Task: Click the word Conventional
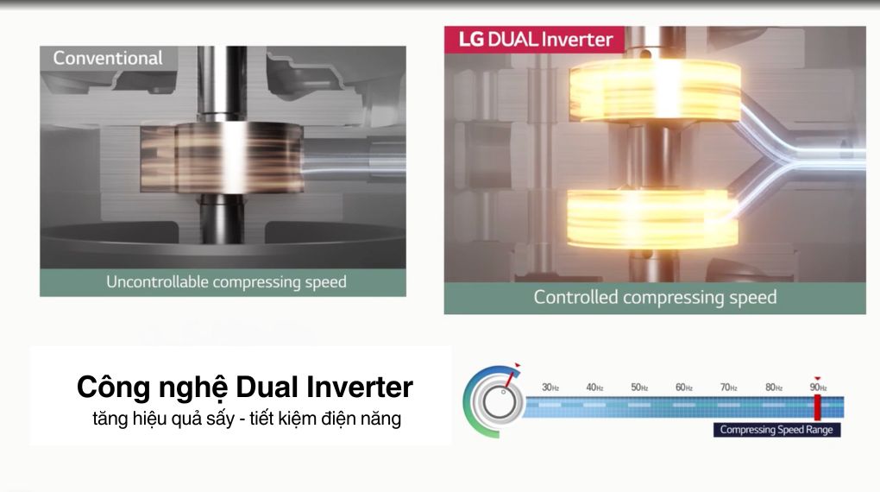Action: pyautogui.click(x=108, y=58)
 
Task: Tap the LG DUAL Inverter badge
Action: pyautogui.click(x=534, y=40)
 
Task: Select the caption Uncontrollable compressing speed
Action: pyautogui.click(x=226, y=282)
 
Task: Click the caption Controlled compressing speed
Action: pyautogui.click(x=655, y=297)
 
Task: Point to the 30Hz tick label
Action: pyautogui.click(x=550, y=388)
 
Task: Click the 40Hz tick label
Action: pyautogui.click(x=594, y=388)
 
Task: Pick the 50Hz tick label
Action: pyautogui.click(x=639, y=388)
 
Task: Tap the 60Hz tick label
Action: pyautogui.click(x=683, y=388)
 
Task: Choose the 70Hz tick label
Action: pyautogui.click(x=728, y=388)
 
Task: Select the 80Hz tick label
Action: pyautogui.click(x=773, y=388)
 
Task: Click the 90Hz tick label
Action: pyautogui.click(x=818, y=388)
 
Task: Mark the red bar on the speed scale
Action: pyautogui.click(x=818, y=407)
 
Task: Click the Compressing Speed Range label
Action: pyautogui.click(x=776, y=430)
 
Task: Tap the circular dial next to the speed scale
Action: pyautogui.click(x=493, y=401)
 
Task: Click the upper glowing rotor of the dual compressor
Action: pyautogui.click(x=654, y=91)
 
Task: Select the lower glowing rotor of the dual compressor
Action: pyautogui.click(x=651, y=219)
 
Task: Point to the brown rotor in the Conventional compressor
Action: pyautogui.click(x=222, y=158)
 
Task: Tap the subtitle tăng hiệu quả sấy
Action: pyautogui.click(x=163, y=419)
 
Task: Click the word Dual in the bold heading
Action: pyautogui.click(x=267, y=387)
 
